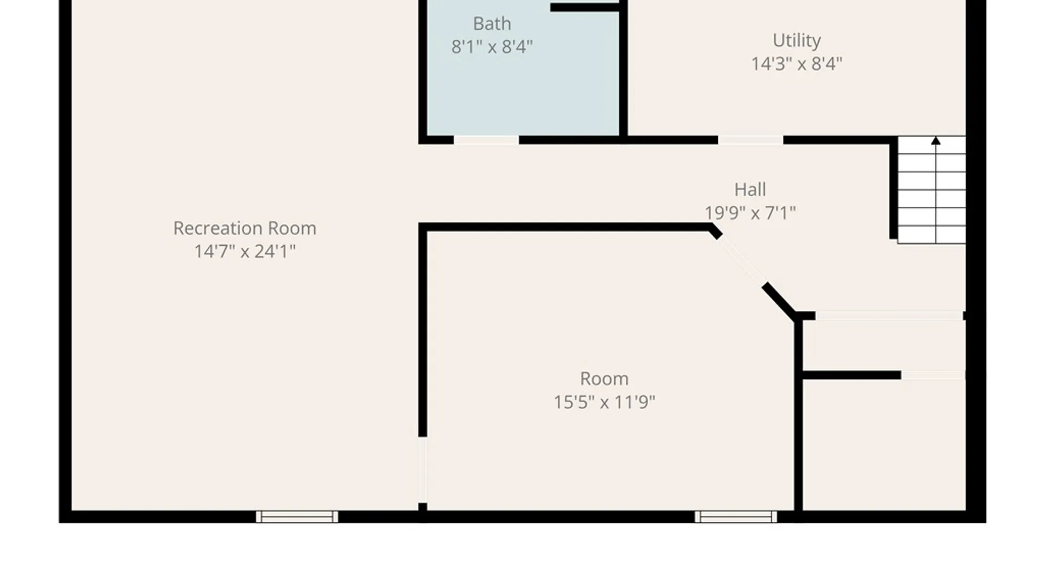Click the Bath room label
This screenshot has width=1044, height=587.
[x=492, y=24]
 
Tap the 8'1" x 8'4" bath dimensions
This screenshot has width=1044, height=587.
[x=492, y=47]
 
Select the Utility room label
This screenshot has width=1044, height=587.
[x=797, y=41]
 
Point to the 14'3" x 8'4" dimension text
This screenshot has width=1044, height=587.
[x=797, y=64]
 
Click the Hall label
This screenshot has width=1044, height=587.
[x=750, y=190]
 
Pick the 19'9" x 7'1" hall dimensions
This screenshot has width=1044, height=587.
[x=750, y=213]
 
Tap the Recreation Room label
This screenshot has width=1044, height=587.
[x=245, y=228]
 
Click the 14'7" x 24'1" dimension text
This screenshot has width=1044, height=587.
[x=245, y=252]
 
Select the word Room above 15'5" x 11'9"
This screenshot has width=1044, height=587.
[x=604, y=379]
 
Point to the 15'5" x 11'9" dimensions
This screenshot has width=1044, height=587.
[x=604, y=402]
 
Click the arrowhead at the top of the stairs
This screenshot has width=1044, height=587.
[x=936, y=141]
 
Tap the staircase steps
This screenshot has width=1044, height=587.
[x=931, y=190]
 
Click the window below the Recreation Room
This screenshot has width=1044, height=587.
[x=297, y=516]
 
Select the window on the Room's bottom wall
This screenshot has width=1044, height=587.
[x=736, y=516]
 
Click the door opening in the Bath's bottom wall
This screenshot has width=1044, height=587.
[x=486, y=140]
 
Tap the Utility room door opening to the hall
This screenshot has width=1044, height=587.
[x=750, y=140]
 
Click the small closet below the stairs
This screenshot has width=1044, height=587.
[x=884, y=346]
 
